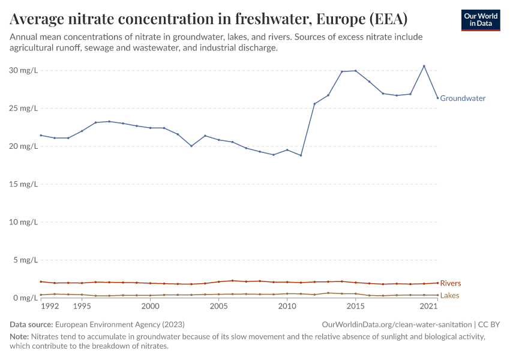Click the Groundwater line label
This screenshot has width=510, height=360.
pos(463,98)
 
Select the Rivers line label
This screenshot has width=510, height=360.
pos(451,283)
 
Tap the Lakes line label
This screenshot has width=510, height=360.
pos(450,296)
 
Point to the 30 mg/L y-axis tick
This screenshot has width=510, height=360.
pos(24,70)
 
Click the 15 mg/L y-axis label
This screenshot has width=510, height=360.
pos(24,184)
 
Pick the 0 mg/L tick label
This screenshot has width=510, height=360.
pos(26,298)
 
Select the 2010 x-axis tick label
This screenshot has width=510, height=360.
pos(287,306)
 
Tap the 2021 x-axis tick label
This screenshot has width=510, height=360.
pos(428,306)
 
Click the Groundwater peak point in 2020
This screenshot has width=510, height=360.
pos(424,66)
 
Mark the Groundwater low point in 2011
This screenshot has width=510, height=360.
pos(301,155)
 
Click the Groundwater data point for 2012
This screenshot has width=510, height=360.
pos(314,104)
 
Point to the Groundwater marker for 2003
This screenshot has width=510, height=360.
pos(191,146)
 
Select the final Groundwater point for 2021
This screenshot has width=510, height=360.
pos(437,98)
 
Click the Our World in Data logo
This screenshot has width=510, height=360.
pos(481,20)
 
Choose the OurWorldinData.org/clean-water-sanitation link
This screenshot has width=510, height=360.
pos(397,324)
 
